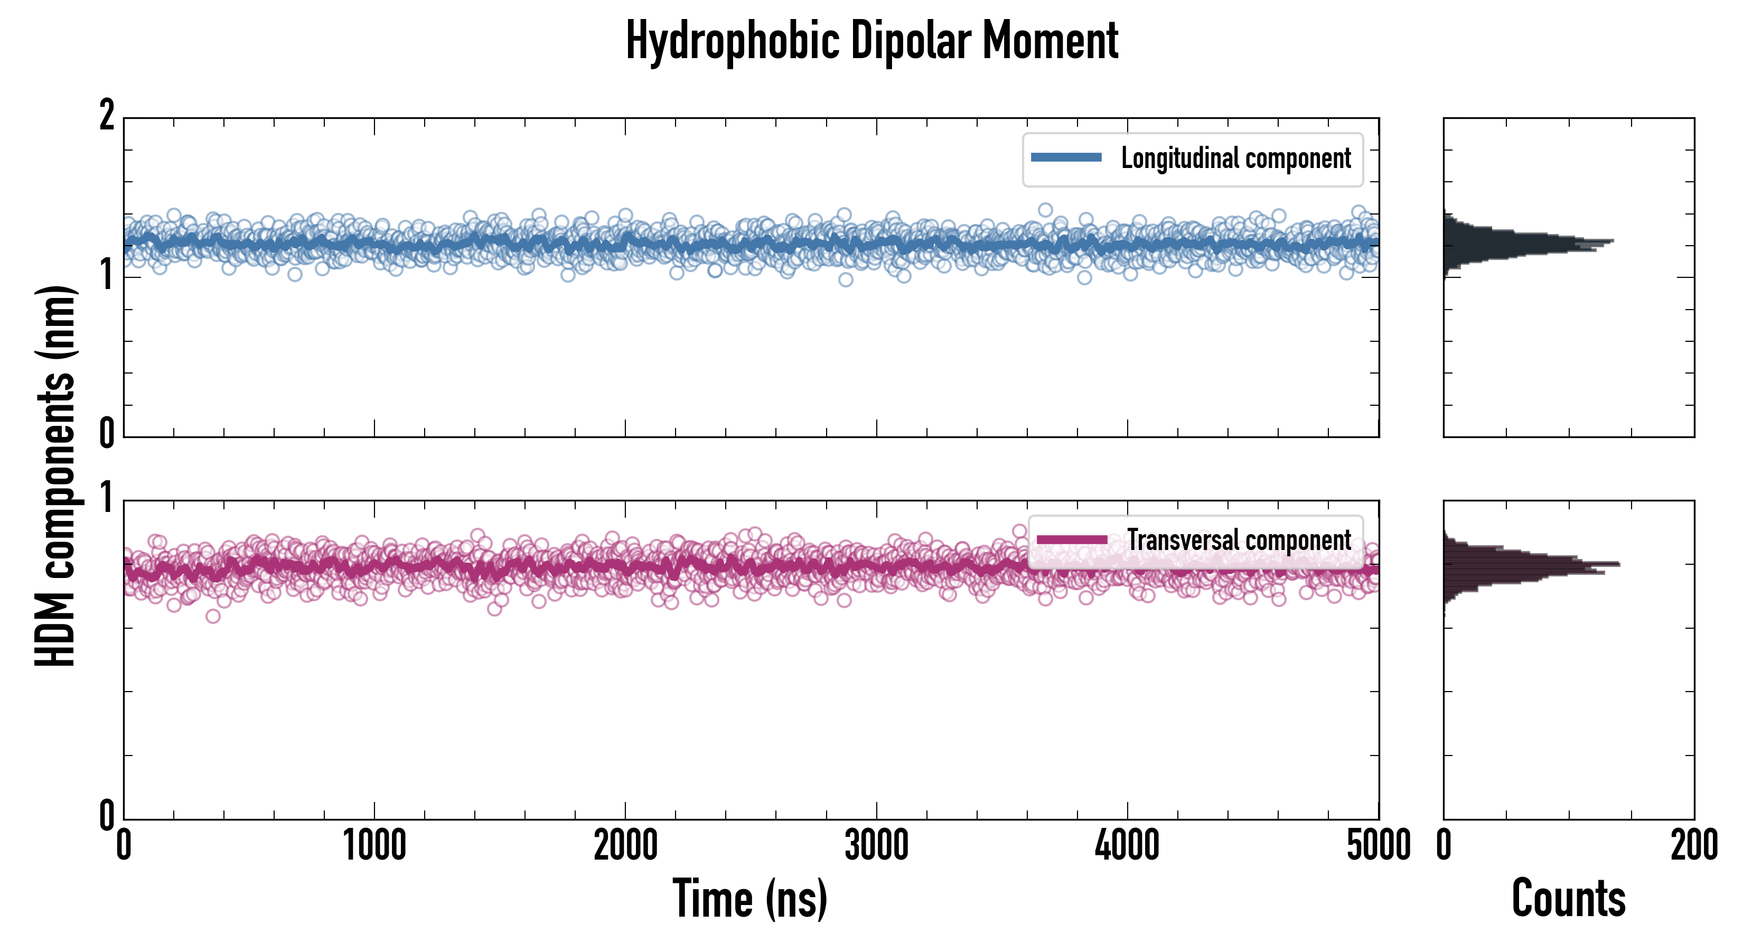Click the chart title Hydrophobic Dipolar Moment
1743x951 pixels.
pos(871,41)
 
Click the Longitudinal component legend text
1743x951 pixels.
pos(1235,158)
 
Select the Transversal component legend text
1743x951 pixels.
pos(1239,540)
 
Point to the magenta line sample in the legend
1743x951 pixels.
pos(1072,539)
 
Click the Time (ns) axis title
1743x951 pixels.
pos(749,898)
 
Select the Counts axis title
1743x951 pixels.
pos(1568,898)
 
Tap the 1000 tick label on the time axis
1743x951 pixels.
pos(374,846)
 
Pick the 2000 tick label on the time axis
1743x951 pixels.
pos(625,846)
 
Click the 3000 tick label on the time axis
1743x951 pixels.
pos(876,846)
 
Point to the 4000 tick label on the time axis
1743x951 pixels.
pos(1127,846)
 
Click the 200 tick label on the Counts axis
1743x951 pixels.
pos(1693,846)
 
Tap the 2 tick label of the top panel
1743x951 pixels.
pos(107,116)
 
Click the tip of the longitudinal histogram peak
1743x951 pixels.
pos(1613,240)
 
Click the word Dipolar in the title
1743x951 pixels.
pos(910,41)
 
